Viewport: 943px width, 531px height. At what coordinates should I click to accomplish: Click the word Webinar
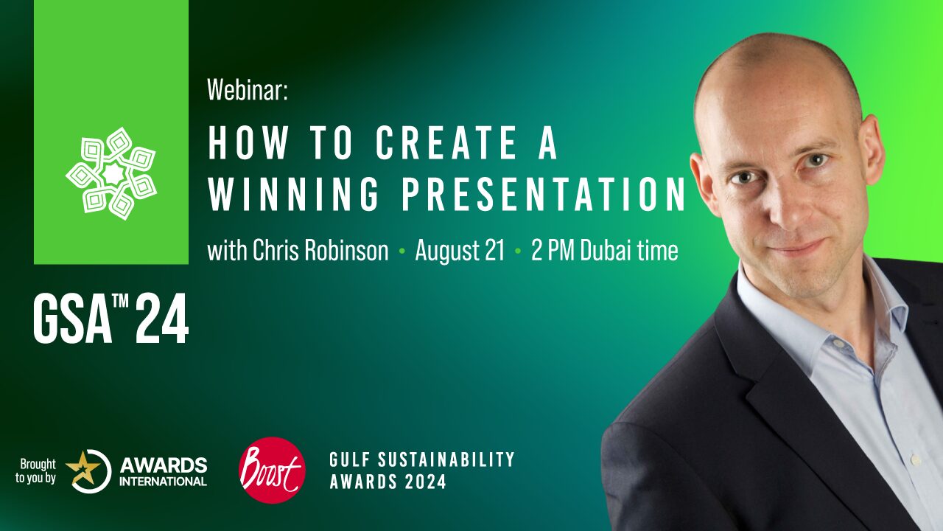tap(247, 90)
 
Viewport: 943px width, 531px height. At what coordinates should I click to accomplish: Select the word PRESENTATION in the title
tap(544, 194)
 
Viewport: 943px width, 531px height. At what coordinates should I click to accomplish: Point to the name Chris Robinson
tap(320, 250)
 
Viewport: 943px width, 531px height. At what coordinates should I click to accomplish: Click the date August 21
tap(460, 250)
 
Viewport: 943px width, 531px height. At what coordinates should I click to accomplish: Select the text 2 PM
tap(553, 250)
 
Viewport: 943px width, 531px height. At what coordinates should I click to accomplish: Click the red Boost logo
tap(272, 471)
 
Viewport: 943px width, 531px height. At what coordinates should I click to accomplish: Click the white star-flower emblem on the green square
tap(111, 173)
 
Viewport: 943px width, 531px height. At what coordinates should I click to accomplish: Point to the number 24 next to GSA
tap(161, 319)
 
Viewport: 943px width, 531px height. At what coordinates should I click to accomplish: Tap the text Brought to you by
tap(36, 471)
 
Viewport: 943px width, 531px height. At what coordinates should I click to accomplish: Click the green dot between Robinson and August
tap(402, 251)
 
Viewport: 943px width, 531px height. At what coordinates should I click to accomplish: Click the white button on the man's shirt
tap(915, 459)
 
